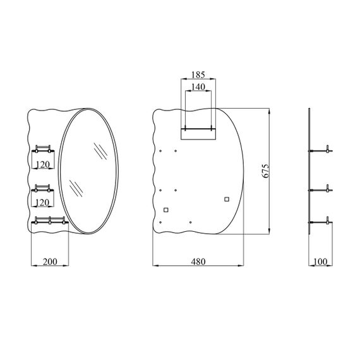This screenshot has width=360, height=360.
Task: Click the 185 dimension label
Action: pos(198,75)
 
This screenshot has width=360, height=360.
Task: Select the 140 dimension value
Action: pos(198,87)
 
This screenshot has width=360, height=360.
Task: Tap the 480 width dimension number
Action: pos(198,261)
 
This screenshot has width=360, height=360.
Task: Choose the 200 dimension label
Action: pos(50,261)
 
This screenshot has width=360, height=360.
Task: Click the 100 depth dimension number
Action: pos(320,261)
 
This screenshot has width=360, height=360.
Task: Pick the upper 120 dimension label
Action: pos(43,164)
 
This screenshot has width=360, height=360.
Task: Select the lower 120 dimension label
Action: pos(42,203)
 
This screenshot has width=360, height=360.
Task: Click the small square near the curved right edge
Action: pos(227,200)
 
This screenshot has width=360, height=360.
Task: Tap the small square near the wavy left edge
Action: pos(166,210)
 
